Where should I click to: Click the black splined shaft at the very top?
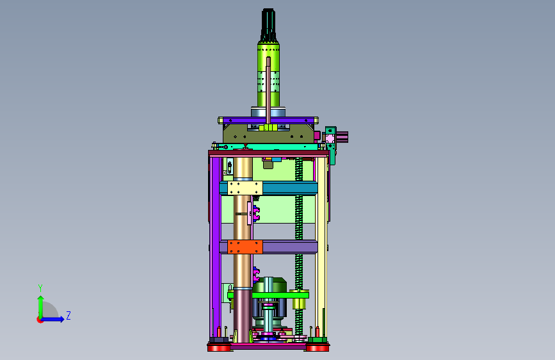pos(268,25)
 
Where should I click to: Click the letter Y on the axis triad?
pos(40,288)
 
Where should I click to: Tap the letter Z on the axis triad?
pos(68,315)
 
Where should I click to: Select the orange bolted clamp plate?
pos(245,247)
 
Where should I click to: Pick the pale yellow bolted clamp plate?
pos(245,188)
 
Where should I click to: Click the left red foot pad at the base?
pos(219,348)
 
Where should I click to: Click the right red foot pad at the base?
pos(318,348)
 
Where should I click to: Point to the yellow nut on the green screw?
pos(300,303)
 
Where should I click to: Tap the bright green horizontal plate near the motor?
pos(269,295)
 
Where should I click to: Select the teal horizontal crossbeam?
pos(290,188)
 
